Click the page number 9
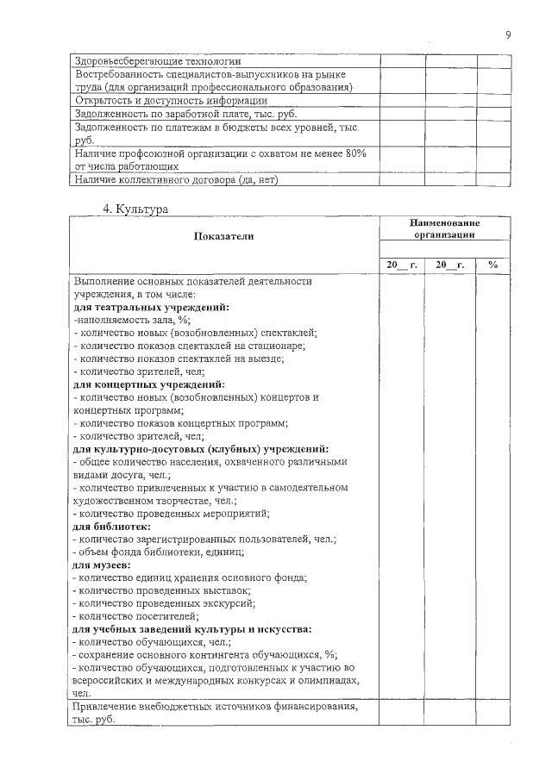[508, 34]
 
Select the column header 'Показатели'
[224, 235]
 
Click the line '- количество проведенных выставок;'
[163, 590]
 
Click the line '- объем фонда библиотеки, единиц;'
[159, 552]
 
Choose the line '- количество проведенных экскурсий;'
[165, 603]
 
